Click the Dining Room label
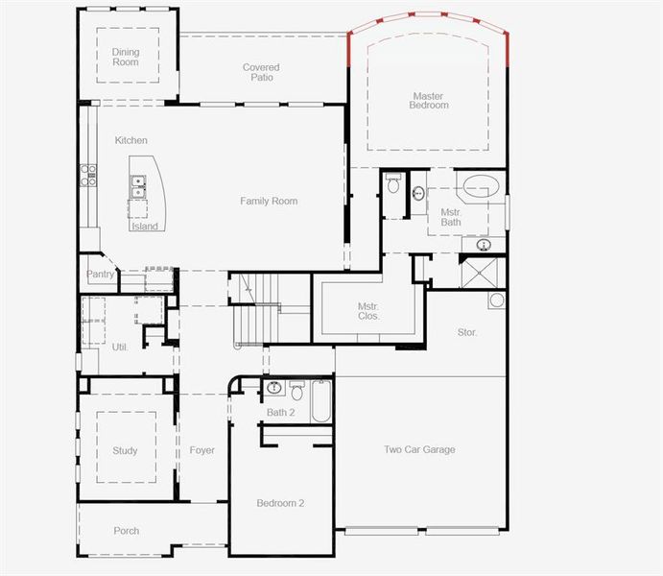125,57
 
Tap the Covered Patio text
261,73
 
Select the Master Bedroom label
429,100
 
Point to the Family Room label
269,202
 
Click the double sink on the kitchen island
138,185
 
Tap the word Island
145,227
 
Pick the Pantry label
101,275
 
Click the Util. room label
120,347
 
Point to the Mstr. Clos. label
368,310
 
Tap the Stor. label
467,332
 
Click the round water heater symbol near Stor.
496,300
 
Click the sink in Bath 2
275,389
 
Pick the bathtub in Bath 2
321,401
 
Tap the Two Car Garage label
419,449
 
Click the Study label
125,450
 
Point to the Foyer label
201,450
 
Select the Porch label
126,531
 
